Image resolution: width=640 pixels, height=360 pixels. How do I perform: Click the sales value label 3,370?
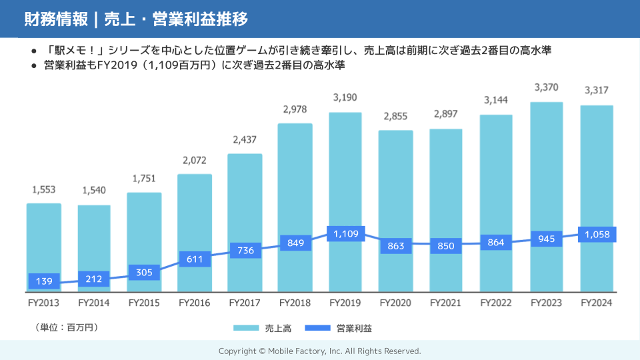546,87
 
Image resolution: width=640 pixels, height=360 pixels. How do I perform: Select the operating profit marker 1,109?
345,234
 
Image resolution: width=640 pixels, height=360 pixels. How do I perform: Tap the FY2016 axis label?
194,303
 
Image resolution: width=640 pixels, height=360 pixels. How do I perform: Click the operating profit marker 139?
44,281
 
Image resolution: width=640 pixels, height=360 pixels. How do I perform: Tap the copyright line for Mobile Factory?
320,351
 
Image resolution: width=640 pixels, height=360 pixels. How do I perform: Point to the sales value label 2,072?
194,160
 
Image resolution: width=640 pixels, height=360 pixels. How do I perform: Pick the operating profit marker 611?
194,258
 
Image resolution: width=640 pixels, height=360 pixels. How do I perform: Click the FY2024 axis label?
596,303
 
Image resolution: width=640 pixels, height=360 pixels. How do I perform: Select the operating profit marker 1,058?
596,235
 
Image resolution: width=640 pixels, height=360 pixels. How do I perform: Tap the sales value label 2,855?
395,116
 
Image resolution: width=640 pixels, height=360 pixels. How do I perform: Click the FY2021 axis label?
446,303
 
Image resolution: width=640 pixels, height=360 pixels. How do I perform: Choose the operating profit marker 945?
546,239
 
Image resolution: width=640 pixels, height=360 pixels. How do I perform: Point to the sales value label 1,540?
94,191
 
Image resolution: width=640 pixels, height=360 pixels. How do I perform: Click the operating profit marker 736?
245,250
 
